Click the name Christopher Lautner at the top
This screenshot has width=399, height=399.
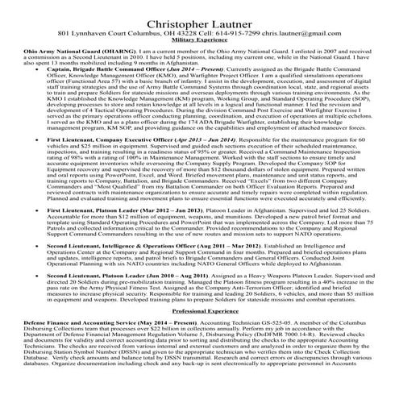pos(199,9)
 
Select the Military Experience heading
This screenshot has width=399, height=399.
pos(199,38)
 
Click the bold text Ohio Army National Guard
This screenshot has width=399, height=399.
pos(40,49)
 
